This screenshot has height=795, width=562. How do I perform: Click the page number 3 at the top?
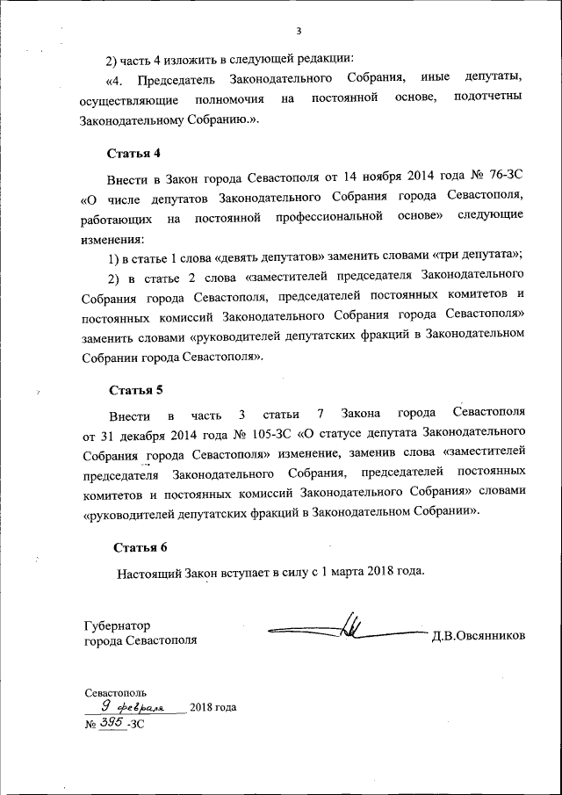[299, 33]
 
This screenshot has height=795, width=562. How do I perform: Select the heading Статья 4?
[133, 153]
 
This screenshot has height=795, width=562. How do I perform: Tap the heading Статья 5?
[136, 389]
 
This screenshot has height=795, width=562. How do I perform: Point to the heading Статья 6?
[140, 547]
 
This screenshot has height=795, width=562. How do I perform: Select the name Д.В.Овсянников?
[478, 635]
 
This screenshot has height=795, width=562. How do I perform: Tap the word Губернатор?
[117, 625]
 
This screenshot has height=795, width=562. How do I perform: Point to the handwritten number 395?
[111, 722]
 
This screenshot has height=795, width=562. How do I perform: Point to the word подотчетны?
[489, 97]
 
